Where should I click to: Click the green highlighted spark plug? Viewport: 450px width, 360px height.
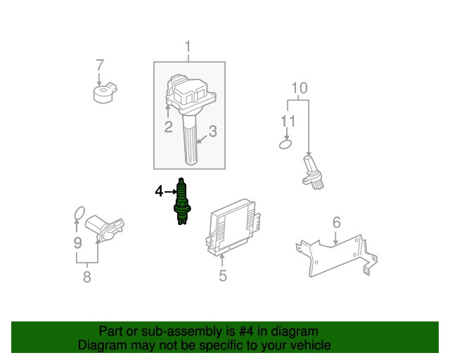click(x=181, y=202)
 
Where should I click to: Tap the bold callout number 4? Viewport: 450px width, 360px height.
click(x=159, y=191)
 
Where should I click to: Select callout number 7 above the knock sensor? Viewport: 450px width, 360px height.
click(x=100, y=65)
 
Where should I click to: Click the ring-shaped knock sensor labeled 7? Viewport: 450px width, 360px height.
click(x=105, y=93)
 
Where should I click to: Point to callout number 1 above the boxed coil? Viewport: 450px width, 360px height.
click(x=188, y=46)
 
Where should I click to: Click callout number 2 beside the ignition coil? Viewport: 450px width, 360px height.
click(x=169, y=127)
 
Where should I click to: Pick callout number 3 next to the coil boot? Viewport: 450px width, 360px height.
click(x=212, y=131)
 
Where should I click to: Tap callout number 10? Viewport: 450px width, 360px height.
click(x=300, y=88)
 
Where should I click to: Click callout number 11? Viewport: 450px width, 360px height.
click(x=288, y=121)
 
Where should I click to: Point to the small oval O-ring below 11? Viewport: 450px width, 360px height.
click(x=285, y=144)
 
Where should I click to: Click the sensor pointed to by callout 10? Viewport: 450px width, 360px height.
click(x=313, y=173)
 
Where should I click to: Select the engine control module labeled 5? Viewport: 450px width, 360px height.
click(x=232, y=227)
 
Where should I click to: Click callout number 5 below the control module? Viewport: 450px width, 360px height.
click(x=223, y=276)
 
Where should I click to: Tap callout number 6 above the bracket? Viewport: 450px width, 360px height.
click(x=337, y=222)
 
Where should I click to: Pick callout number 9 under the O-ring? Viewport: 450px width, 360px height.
click(x=78, y=243)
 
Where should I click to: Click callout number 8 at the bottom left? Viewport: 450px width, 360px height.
click(x=87, y=277)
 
